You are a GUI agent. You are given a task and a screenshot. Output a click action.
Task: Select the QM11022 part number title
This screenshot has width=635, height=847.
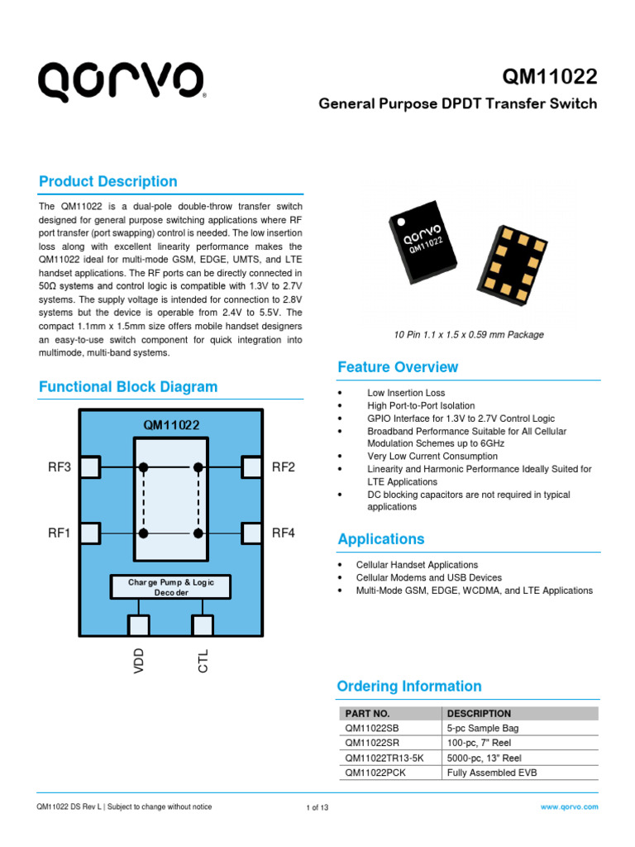click(550, 77)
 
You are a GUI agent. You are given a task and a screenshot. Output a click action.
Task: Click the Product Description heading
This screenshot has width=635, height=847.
click(108, 181)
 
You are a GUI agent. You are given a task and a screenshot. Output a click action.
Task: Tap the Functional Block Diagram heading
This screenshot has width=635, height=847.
click(129, 386)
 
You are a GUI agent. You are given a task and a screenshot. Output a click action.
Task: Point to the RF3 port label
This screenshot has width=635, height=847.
click(60, 467)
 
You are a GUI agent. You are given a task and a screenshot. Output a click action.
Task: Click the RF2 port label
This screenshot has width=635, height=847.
click(284, 467)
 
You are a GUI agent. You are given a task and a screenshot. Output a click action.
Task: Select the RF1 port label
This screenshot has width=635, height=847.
click(60, 533)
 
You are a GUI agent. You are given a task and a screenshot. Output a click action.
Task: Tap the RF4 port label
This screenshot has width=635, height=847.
click(284, 533)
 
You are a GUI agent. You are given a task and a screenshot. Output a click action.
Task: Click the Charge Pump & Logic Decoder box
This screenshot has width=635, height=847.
click(170, 587)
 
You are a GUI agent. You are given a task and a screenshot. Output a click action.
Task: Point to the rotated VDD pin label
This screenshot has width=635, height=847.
click(139, 661)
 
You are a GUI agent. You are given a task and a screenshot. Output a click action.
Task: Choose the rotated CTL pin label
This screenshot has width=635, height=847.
click(203, 661)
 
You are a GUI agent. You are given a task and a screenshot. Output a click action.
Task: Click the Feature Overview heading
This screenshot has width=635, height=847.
click(398, 366)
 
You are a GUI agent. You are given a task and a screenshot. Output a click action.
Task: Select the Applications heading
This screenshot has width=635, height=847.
click(381, 538)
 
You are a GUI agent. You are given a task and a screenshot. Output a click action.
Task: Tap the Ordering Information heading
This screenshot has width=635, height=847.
click(409, 686)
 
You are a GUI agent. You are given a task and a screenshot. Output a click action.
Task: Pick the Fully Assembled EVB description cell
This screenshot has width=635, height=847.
click(491, 773)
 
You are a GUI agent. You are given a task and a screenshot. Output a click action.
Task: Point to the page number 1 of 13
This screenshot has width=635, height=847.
click(317, 807)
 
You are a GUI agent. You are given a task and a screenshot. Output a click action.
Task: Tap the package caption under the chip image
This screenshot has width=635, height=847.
click(468, 334)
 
